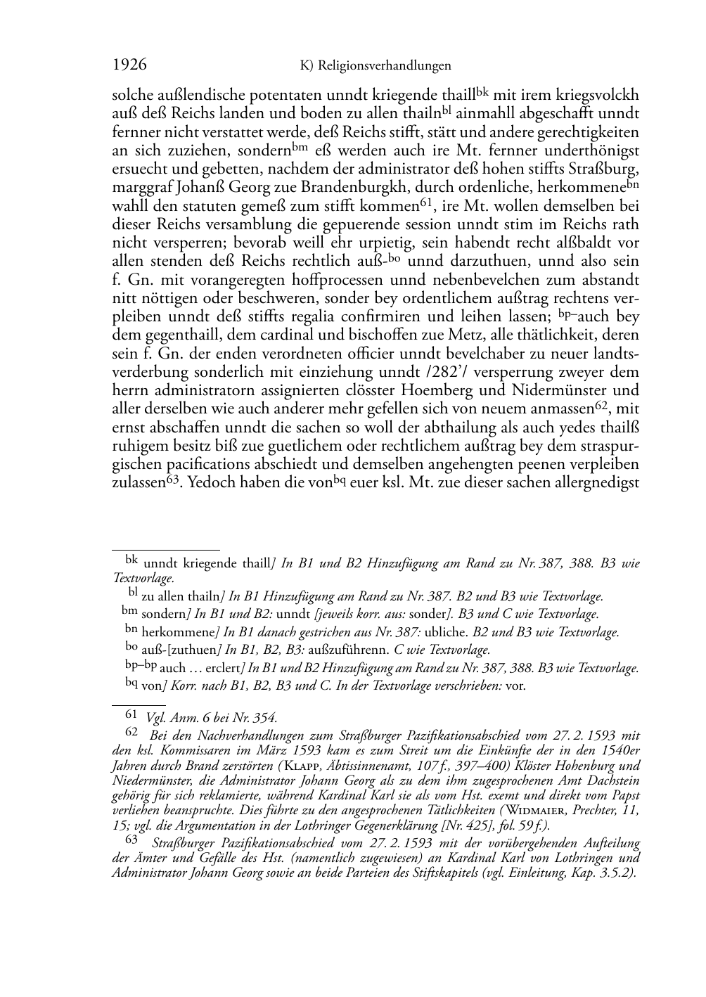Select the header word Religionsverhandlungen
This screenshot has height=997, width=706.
pos(384,66)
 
